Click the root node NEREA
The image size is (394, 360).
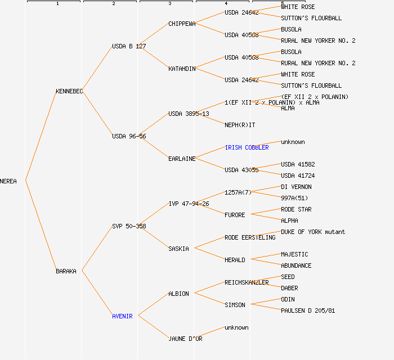[x=8, y=181]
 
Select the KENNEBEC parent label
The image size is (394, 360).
[x=69, y=91]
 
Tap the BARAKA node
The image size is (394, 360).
[x=66, y=271]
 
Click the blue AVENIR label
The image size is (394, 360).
[x=122, y=316]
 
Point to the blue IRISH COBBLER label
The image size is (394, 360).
[x=247, y=147]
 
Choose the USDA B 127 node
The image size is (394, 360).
[x=129, y=46]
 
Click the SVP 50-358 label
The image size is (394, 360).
[x=129, y=226]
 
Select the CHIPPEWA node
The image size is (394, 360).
[x=182, y=24]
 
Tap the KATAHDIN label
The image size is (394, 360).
[x=182, y=69]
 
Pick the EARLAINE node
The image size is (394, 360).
[x=182, y=159]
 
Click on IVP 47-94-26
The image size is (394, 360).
[x=189, y=204]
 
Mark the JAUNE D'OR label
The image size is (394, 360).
[x=185, y=339]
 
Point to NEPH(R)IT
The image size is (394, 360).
[x=240, y=125]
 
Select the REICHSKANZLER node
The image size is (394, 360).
[x=247, y=282]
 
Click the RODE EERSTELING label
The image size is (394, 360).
[x=250, y=237]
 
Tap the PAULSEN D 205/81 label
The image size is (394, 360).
[x=308, y=310]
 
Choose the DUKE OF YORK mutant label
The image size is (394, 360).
[x=313, y=232]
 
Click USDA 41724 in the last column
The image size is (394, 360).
[x=298, y=175]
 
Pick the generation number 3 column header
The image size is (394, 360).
[x=169, y=4]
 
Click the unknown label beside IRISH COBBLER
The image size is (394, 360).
[x=293, y=142]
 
